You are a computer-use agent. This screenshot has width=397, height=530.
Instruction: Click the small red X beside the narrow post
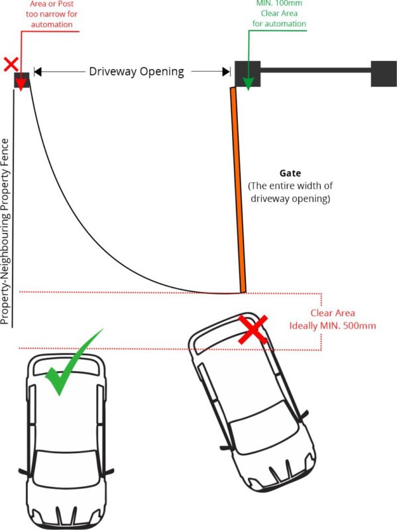[11, 64]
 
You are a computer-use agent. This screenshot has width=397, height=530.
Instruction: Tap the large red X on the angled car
[253, 329]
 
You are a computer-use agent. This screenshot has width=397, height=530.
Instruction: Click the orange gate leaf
[238, 190]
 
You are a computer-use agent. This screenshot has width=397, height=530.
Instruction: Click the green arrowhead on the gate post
[249, 84]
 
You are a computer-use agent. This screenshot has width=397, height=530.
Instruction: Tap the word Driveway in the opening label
[113, 72]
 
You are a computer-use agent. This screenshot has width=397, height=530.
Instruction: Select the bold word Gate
[290, 173]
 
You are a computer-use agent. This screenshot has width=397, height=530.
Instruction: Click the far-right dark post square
[384, 74]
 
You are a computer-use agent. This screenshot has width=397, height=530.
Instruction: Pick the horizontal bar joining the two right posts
[315, 71]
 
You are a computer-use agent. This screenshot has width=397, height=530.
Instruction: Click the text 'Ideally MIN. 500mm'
[333, 326]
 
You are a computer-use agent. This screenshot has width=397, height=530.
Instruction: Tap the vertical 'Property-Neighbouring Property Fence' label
[5, 231]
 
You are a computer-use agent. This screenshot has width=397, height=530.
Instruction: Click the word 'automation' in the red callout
[52, 25]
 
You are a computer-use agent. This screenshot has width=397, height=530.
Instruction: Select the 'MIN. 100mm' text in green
[279, 4]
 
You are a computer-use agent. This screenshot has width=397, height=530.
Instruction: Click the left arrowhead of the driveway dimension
[38, 72]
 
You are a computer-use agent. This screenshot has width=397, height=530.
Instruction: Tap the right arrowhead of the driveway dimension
[226, 72]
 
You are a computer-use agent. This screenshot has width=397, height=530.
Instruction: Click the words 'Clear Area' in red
[333, 313]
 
